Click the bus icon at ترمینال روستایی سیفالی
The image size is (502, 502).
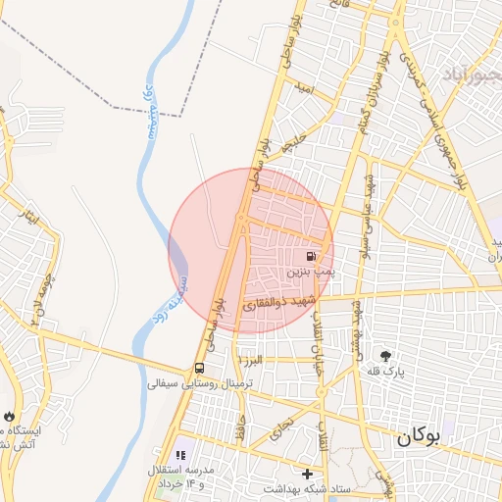(x=200, y=369)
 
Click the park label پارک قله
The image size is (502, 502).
(x=387, y=372)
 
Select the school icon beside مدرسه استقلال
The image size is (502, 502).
(x=179, y=455)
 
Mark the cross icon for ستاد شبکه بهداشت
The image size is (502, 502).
(x=307, y=474)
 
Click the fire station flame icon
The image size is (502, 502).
(x=9, y=417)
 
